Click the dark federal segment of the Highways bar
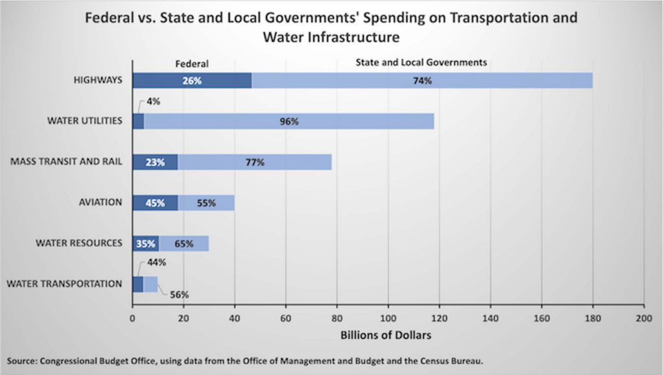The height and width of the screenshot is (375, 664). point(192,81)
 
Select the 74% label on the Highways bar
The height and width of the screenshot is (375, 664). point(421,81)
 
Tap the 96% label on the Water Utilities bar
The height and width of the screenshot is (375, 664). point(289,122)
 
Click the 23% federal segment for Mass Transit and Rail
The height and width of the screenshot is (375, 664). point(155,162)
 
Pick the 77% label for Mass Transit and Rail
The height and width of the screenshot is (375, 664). point(255,162)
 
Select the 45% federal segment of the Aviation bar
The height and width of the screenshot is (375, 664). point(155,203)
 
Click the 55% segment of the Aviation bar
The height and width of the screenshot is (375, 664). point(206,203)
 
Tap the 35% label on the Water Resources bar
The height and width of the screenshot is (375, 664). point(146,244)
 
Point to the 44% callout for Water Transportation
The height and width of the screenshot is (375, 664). point(157,263)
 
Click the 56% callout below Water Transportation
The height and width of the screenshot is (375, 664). point(179,295)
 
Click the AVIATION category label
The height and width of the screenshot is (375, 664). point(101,202)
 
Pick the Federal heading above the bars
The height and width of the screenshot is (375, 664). point(192,64)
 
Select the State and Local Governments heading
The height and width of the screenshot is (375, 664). point(421,63)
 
